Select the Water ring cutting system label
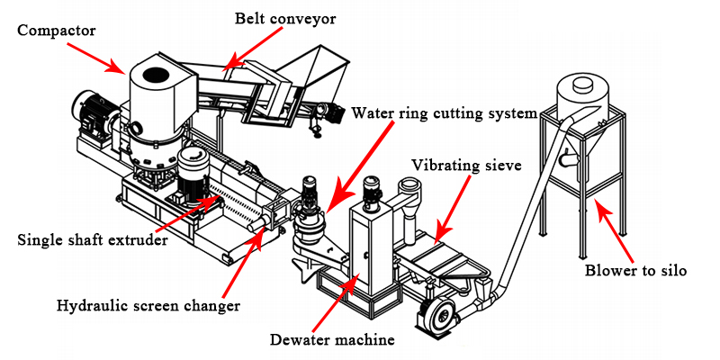click(445, 113)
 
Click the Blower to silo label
click(636, 269)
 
